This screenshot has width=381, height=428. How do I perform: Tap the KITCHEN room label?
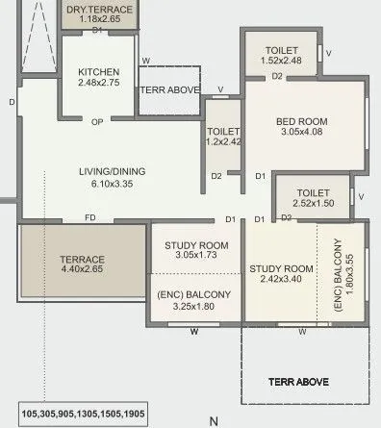[x=99, y=71]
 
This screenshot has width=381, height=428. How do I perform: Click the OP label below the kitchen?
[x=97, y=122]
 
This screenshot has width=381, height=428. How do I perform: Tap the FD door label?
[x=89, y=217]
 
